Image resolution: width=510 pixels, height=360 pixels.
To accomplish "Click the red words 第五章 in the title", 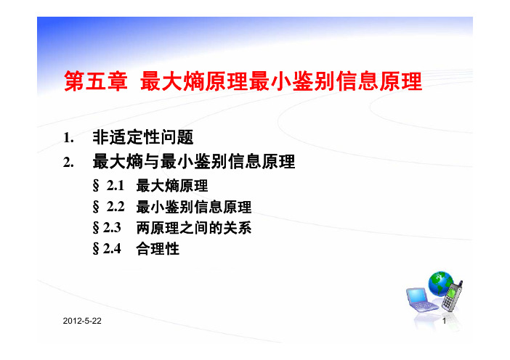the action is (x=96, y=81).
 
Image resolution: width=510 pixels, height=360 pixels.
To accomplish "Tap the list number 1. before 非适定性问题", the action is (x=68, y=138).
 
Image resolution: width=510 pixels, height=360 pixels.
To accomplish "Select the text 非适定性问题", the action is (x=143, y=137).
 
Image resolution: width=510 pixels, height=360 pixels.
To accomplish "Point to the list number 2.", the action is (x=68, y=162).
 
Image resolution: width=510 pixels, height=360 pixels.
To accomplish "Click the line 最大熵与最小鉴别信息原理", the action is (x=194, y=161).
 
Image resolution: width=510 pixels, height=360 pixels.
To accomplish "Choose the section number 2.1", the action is (x=116, y=186).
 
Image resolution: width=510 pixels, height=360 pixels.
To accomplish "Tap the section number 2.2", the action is (x=116, y=207).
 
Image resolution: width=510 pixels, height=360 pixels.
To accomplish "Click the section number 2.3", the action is (x=112, y=227).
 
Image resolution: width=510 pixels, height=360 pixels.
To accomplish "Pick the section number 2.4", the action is (x=112, y=248).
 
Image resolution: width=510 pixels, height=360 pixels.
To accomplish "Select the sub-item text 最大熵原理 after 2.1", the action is (x=172, y=186).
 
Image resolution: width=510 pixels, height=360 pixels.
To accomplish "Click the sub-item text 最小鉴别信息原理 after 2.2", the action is (x=194, y=207).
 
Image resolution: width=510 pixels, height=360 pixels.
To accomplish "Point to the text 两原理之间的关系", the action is (x=194, y=228).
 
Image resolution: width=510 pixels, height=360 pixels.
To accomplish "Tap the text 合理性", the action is (x=158, y=249).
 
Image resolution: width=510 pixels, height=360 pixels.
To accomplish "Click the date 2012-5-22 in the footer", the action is (x=82, y=321).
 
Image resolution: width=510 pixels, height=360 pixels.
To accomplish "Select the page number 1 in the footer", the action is (x=444, y=322).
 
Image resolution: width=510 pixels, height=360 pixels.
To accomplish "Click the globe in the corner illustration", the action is (x=440, y=283).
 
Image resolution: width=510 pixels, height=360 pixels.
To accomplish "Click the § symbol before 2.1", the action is (x=96, y=187).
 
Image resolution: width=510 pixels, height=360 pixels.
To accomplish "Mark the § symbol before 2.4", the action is (x=96, y=249).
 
